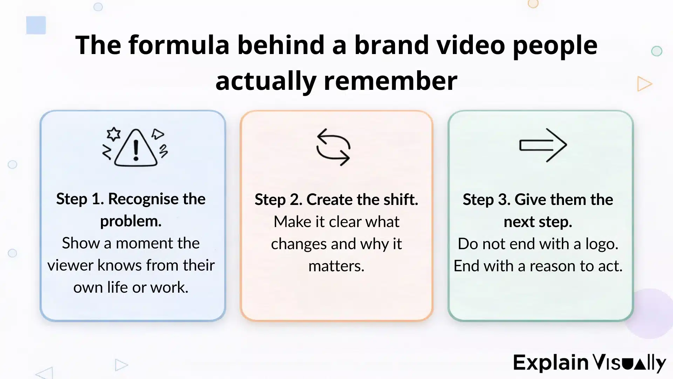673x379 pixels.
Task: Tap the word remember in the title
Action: (x=390, y=81)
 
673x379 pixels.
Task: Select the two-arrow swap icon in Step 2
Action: (x=333, y=147)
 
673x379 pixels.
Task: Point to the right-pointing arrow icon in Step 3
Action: (x=543, y=145)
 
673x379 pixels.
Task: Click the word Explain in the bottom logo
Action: (x=550, y=363)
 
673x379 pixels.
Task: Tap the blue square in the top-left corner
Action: (x=36, y=25)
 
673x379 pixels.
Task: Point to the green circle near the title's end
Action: (x=657, y=51)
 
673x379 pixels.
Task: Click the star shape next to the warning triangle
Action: (x=114, y=134)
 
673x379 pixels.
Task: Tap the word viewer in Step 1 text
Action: (x=70, y=265)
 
